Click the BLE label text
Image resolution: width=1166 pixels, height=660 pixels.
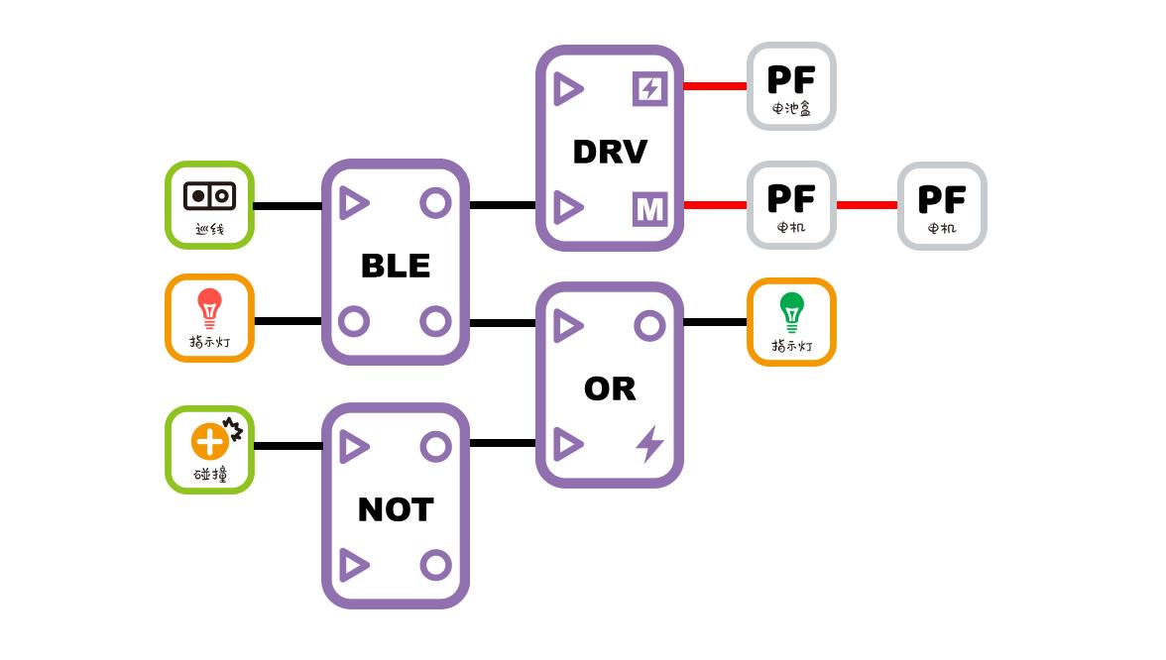point(395,266)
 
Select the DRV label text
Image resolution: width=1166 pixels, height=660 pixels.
point(610,152)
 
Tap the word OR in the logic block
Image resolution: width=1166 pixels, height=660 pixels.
point(610,388)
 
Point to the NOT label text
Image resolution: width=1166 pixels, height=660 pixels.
point(395,509)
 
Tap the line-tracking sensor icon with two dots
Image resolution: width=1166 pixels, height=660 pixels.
point(209,195)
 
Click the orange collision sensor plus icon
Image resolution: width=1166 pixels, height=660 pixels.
point(210,441)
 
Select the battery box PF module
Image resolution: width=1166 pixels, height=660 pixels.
point(791,86)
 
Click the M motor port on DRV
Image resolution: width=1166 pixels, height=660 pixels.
point(649,209)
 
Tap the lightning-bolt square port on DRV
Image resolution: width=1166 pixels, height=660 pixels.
point(649,89)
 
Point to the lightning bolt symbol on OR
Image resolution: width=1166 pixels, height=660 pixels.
point(649,444)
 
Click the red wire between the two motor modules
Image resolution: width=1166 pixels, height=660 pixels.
point(867,205)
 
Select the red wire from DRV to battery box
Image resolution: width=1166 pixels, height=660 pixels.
point(714,86)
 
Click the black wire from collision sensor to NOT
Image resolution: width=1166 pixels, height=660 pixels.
point(288,446)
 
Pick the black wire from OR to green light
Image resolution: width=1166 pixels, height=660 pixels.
point(714,322)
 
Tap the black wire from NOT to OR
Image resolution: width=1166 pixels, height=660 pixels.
point(502,443)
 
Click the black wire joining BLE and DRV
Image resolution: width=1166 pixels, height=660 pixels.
point(502,205)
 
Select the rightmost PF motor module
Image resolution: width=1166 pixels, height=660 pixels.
point(942,206)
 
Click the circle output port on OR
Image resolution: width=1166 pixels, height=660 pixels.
point(649,326)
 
